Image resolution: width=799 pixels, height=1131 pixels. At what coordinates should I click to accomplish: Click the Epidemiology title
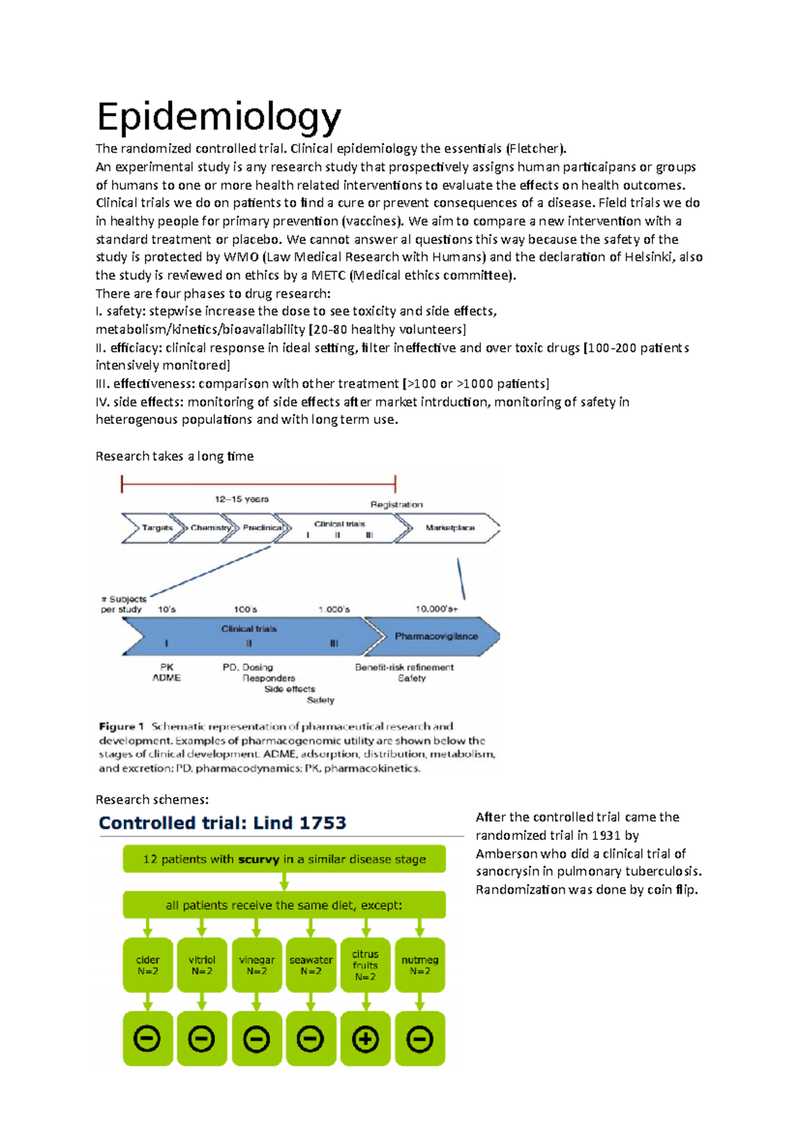[x=219, y=117]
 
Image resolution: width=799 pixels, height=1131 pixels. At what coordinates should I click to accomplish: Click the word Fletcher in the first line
[x=535, y=149]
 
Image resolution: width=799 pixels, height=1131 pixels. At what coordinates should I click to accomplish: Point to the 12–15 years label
[x=242, y=499]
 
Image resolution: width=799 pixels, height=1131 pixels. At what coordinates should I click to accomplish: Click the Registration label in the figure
[x=397, y=504]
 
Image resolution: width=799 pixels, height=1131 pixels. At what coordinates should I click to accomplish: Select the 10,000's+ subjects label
[x=437, y=609]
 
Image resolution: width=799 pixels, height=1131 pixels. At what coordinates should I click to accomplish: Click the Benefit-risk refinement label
[x=404, y=667]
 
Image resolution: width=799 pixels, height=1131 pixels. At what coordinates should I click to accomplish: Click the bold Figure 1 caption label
[x=121, y=727]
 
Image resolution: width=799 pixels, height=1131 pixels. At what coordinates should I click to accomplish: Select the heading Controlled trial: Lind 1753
[x=222, y=823]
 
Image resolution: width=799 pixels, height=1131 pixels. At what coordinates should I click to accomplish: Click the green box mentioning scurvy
[x=284, y=859]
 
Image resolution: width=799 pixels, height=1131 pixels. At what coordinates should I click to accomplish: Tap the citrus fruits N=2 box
[x=365, y=965]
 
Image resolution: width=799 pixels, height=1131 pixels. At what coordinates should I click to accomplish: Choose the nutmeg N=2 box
[x=419, y=965]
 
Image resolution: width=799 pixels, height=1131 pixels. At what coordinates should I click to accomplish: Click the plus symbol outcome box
[x=365, y=1039]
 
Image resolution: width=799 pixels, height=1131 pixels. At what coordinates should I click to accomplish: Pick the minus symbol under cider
[x=147, y=1039]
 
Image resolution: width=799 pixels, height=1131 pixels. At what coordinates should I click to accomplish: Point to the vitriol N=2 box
[x=202, y=965]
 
